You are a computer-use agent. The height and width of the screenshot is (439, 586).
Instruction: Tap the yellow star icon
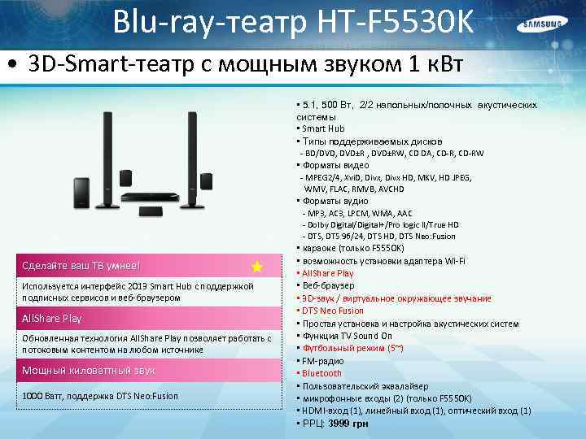click(257, 267)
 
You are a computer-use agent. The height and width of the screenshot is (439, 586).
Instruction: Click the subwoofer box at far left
click(82, 192)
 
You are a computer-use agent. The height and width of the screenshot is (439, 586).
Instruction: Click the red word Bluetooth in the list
click(321, 373)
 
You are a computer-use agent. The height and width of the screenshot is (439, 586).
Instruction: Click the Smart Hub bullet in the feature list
click(323, 128)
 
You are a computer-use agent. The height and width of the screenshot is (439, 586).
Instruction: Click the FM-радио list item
click(322, 361)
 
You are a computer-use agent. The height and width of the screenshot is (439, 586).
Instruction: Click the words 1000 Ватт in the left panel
click(40, 396)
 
